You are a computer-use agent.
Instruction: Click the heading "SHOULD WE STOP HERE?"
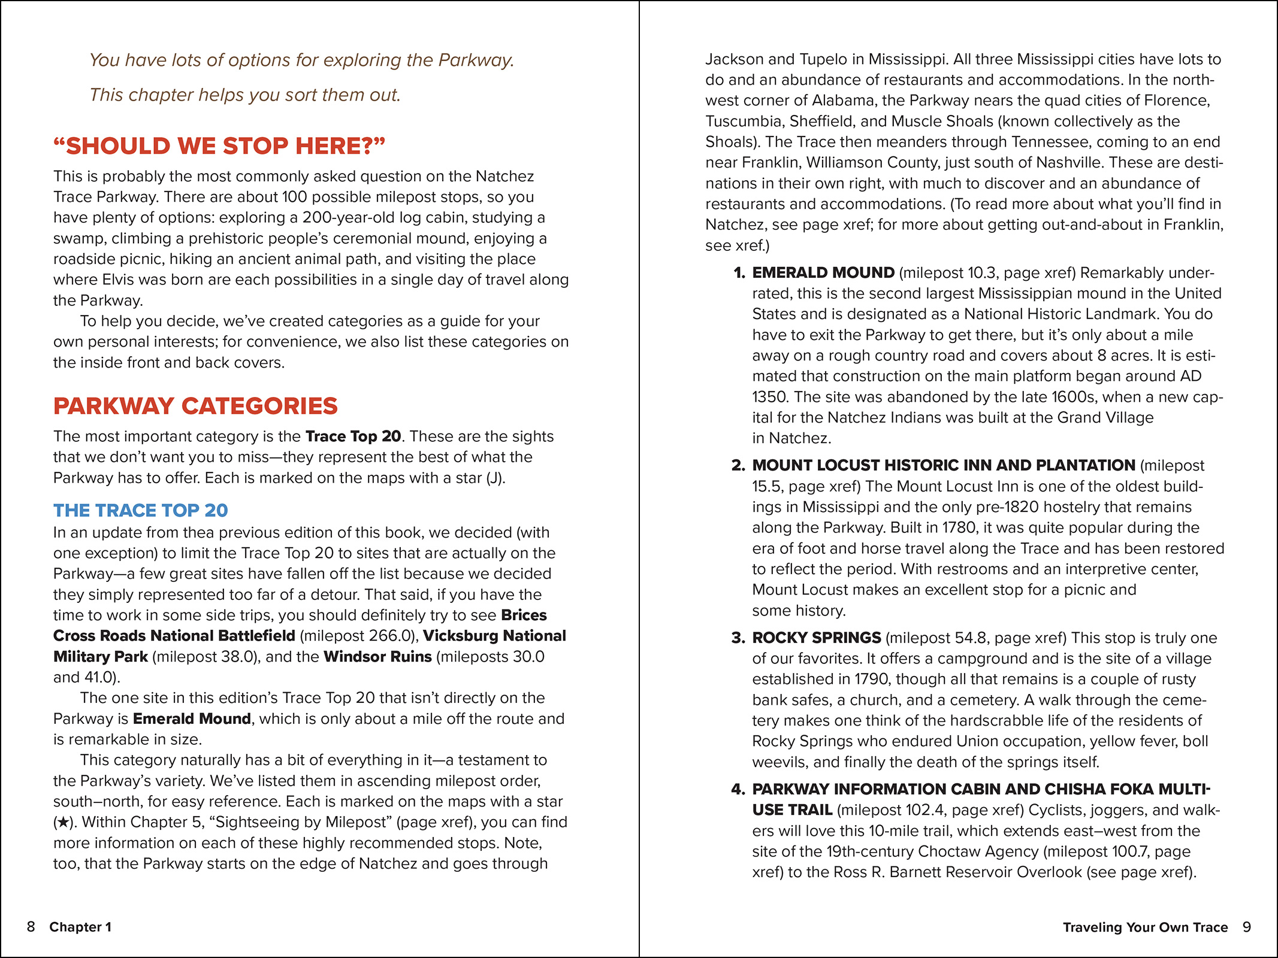pyautogui.click(x=219, y=146)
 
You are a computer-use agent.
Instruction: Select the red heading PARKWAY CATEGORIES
pyautogui.click(x=195, y=406)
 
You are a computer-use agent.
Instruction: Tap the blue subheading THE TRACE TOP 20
pyautogui.click(x=141, y=510)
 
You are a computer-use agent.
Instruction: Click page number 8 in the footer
pyautogui.click(x=31, y=927)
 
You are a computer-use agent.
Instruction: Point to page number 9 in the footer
pyautogui.click(x=1246, y=927)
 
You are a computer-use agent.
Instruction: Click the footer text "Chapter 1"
pyautogui.click(x=80, y=927)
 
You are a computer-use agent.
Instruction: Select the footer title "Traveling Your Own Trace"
pyautogui.click(x=1145, y=927)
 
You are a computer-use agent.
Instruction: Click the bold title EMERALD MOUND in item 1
pyautogui.click(x=823, y=273)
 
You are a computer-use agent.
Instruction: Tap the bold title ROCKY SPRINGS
pyautogui.click(x=817, y=638)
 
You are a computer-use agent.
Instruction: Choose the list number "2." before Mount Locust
pyautogui.click(x=738, y=465)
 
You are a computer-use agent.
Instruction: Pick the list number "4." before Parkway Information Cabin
pyautogui.click(x=738, y=789)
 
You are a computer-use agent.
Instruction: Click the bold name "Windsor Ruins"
pyautogui.click(x=377, y=657)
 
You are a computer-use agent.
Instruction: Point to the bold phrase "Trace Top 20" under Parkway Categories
pyautogui.click(x=353, y=436)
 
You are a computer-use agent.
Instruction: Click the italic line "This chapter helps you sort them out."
pyautogui.click(x=245, y=95)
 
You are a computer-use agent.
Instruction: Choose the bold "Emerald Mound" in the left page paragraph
pyautogui.click(x=192, y=718)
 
